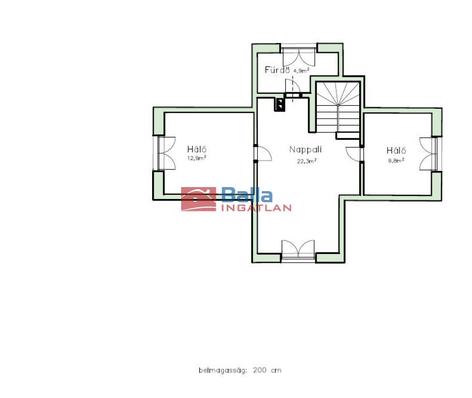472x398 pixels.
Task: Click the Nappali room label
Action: click(x=305, y=150)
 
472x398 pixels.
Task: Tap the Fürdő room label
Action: click(x=277, y=70)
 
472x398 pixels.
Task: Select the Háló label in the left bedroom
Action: click(x=197, y=149)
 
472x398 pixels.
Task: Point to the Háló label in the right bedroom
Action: click(x=396, y=150)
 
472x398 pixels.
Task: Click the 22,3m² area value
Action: click(x=307, y=161)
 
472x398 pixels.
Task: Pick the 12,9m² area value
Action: click(x=197, y=158)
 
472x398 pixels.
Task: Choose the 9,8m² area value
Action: click(x=396, y=161)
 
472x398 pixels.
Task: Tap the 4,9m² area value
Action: click(x=301, y=71)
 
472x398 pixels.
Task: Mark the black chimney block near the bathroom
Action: click(x=279, y=105)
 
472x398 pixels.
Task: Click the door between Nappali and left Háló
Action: click(x=262, y=154)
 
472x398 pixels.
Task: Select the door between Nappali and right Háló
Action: click(x=354, y=154)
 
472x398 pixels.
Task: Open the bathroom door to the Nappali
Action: click(x=292, y=87)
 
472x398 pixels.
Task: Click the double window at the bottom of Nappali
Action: click(x=298, y=250)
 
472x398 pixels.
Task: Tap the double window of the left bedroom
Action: click(x=164, y=153)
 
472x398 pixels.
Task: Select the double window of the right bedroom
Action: click(x=431, y=154)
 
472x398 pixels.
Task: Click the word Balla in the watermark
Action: click(x=247, y=195)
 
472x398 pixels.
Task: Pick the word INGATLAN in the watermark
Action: click(x=256, y=208)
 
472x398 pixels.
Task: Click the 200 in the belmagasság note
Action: click(x=260, y=370)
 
